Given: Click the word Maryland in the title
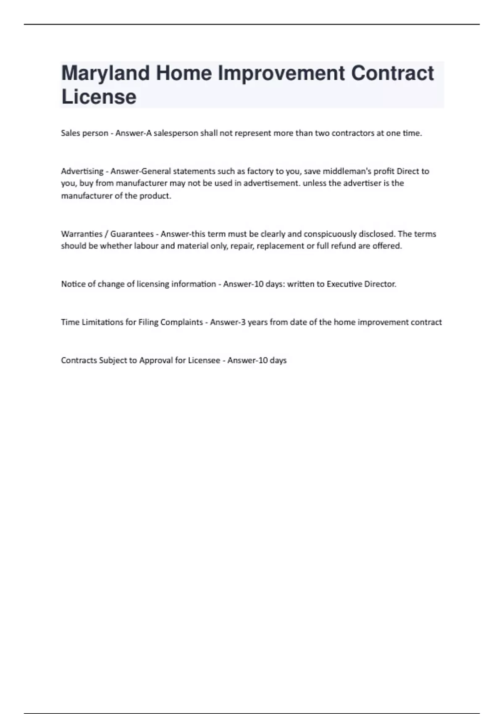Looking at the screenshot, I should pyautogui.click(x=105, y=73).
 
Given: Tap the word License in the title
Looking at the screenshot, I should pyautogui.click(x=99, y=97).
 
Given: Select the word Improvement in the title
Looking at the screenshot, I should pyautogui.click(x=281, y=73).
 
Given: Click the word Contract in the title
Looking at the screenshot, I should pyautogui.click(x=392, y=73).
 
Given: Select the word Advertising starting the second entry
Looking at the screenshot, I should pyautogui.click(x=82, y=171).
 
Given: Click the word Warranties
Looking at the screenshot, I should pyautogui.click(x=81, y=234).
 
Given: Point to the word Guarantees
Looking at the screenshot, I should pyautogui.click(x=132, y=234).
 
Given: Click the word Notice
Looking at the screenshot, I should pyautogui.click(x=73, y=284).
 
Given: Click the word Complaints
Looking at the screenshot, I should pyautogui.click(x=181, y=322).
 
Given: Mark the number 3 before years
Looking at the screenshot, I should pyautogui.click(x=243, y=322).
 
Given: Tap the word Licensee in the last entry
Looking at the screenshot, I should pyautogui.click(x=204, y=360).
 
